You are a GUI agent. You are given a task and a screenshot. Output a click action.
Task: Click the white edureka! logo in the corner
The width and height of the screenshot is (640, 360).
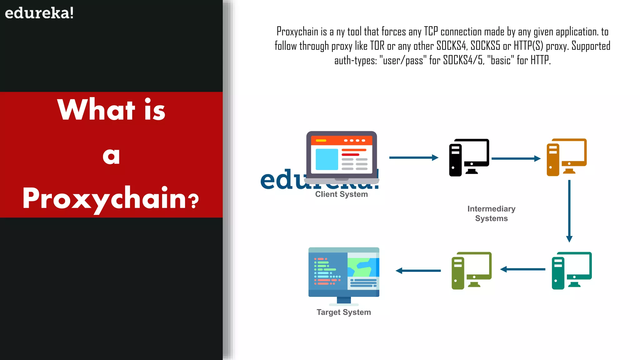39,13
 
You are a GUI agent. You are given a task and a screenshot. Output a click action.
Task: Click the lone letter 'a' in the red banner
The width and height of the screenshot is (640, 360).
111,156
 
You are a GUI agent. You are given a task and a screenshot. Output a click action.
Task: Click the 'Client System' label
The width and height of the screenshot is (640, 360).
341,194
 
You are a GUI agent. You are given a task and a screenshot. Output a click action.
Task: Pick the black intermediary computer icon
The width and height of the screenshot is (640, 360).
469,157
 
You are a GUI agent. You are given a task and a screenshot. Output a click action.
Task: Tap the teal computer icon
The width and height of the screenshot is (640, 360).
571,271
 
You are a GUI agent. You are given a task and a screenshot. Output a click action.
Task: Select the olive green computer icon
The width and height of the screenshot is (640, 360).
471,271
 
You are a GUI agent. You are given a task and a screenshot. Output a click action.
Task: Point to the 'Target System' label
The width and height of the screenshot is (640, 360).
344,312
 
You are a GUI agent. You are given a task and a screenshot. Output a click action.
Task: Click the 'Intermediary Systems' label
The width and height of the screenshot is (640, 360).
491,213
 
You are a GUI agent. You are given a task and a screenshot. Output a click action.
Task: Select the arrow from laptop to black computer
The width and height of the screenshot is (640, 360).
413,158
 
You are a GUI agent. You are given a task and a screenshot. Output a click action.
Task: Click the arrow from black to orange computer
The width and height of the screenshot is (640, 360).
516,158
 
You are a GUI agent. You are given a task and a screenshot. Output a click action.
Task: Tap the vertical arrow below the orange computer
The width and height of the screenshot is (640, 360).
569,211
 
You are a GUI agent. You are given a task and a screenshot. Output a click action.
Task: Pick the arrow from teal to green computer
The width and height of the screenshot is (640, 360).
522,269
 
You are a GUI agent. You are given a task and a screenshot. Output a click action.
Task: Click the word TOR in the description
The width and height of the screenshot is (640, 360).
377,46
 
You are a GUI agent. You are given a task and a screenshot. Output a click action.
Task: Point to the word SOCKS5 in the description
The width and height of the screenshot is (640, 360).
485,46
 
